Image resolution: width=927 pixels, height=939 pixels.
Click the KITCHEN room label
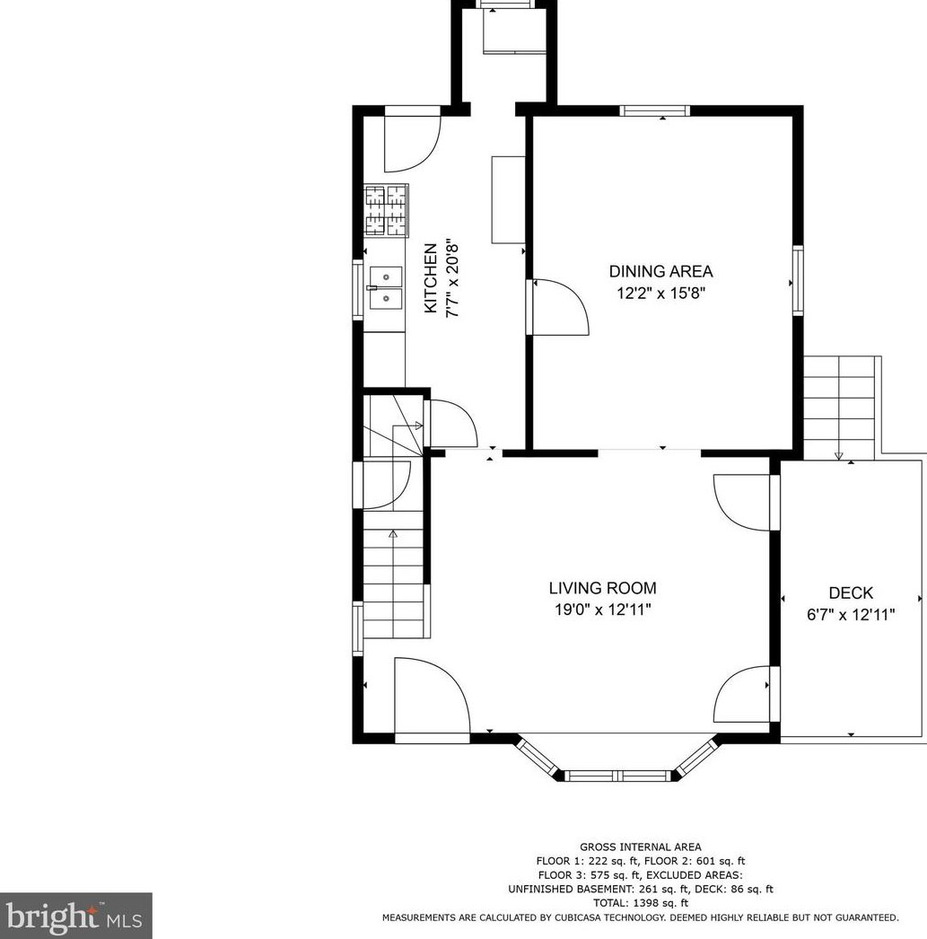pos(431,278)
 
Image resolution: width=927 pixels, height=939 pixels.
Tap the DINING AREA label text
pos(660,271)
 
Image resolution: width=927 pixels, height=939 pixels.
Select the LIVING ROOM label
pos(603,588)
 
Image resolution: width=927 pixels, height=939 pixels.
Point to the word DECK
pos(851,592)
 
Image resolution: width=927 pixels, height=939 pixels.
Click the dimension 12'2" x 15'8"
pos(661,294)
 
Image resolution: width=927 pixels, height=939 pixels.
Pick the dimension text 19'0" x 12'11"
pos(603,610)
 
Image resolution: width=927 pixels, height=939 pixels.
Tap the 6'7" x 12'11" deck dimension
pos(851,615)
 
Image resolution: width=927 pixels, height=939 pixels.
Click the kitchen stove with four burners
pos(387,210)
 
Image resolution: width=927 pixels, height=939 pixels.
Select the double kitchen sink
pos(386,288)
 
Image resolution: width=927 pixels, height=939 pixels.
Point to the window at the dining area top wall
pos(655,110)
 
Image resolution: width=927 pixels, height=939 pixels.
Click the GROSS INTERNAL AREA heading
pos(641,847)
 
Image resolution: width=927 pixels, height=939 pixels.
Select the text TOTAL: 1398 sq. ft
pos(641,903)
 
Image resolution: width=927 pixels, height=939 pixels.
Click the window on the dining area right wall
pos(798,280)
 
